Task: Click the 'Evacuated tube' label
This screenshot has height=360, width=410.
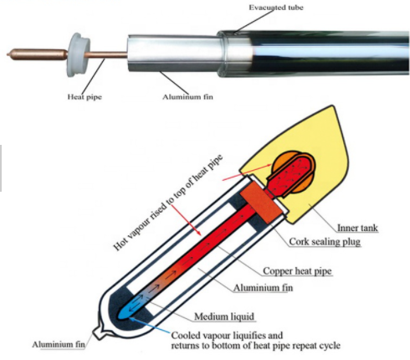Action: pyautogui.click(x=276, y=8)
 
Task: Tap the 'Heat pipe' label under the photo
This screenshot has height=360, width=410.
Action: pyautogui.click(x=85, y=97)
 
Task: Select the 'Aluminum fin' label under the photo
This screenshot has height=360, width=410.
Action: pyautogui.click(x=187, y=97)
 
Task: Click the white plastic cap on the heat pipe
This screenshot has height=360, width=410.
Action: pyautogui.click(x=78, y=54)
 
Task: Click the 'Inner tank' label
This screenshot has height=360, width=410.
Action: pyautogui.click(x=357, y=228)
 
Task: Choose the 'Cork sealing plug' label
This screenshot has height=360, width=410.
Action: pyautogui.click(x=325, y=242)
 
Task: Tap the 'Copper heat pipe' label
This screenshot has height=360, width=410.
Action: pyautogui.click(x=297, y=271)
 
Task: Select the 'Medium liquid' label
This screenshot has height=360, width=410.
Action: pyautogui.click(x=224, y=316)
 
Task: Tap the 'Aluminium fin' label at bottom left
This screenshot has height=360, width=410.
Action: pyautogui.click(x=59, y=344)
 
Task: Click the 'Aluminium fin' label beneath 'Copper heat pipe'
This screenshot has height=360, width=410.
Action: pyautogui.click(x=264, y=288)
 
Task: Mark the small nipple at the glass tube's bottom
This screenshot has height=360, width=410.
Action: pyautogui.click(x=98, y=332)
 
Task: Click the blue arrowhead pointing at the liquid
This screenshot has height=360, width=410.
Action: pyautogui.click(x=132, y=318)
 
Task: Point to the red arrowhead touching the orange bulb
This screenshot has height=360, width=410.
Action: pyautogui.click(x=268, y=165)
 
